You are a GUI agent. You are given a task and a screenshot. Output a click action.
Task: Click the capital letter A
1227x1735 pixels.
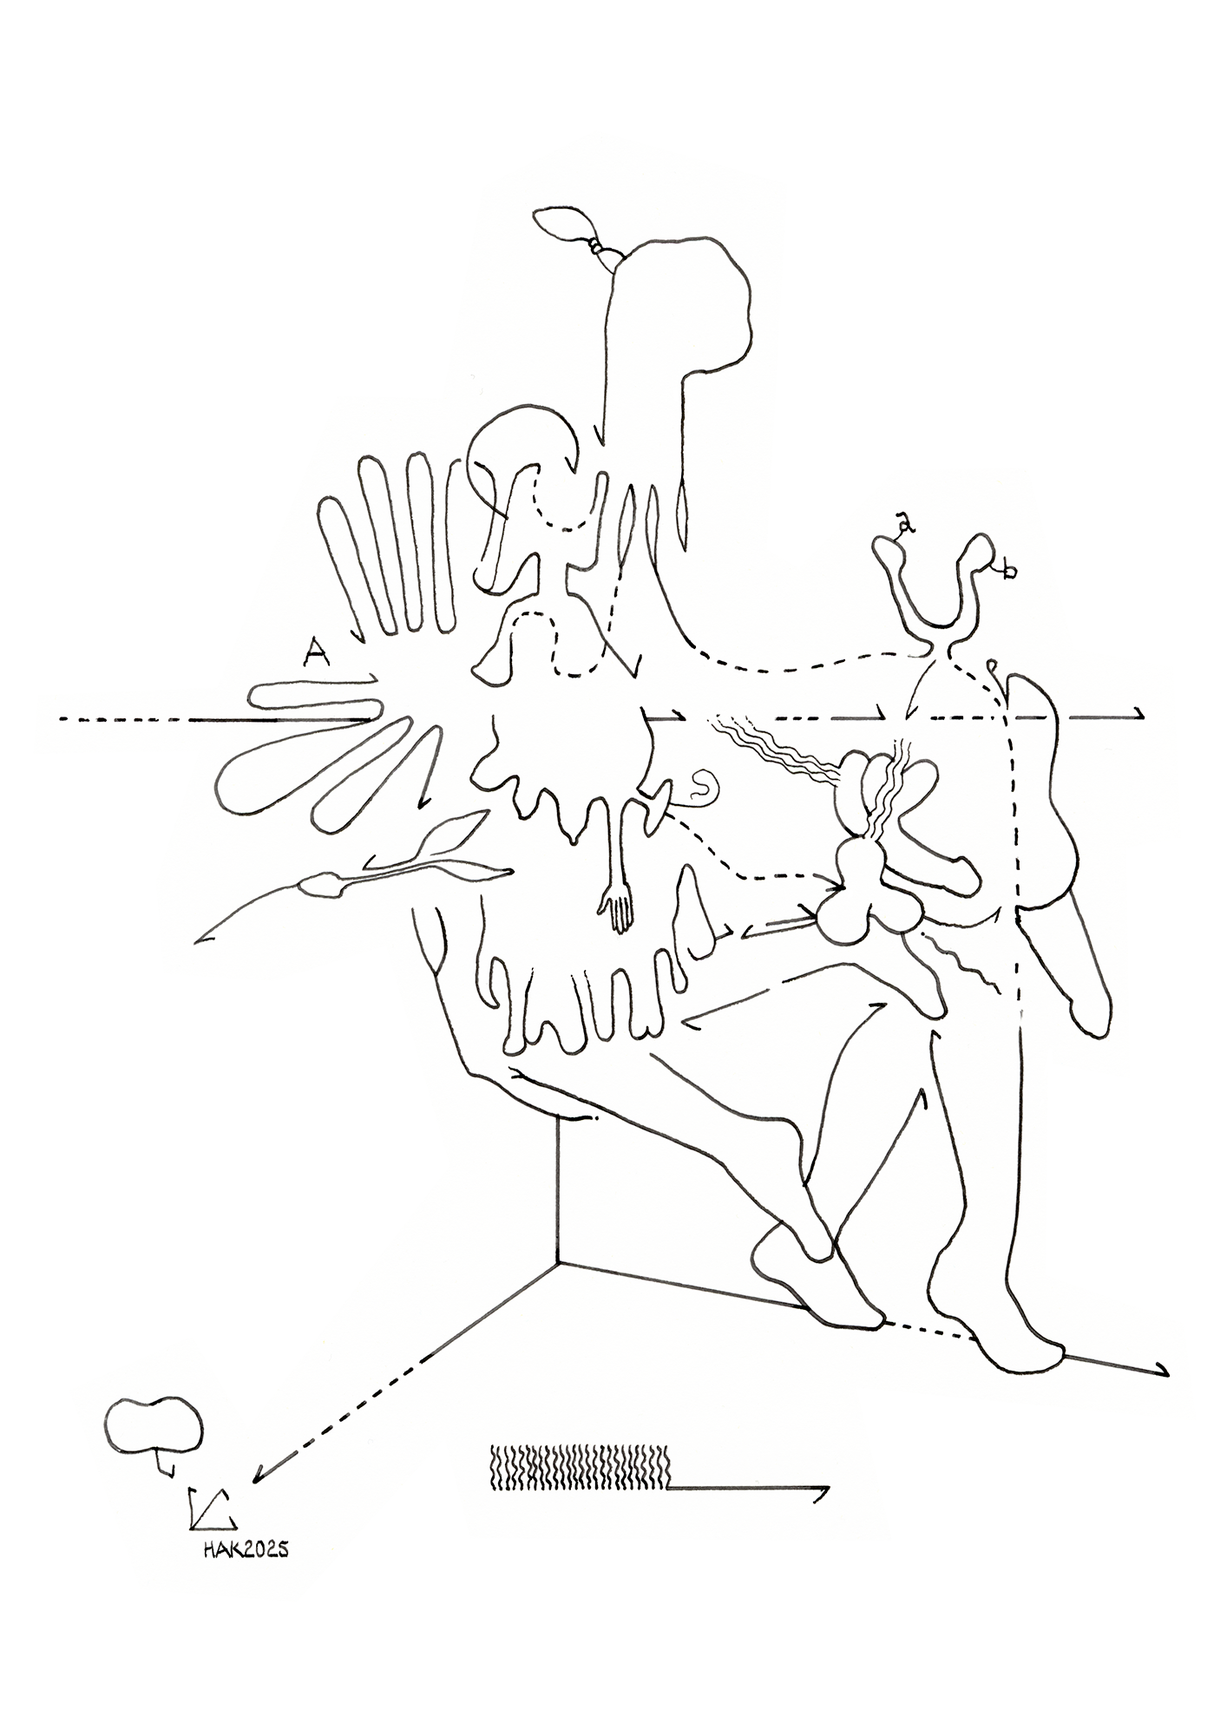pos(317,651)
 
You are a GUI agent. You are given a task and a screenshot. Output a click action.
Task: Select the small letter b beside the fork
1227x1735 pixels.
pos(1007,570)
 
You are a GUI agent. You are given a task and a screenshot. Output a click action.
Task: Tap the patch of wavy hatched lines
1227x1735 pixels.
pos(580,1468)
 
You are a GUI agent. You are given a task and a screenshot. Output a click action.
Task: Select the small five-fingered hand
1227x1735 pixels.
pos(616,909)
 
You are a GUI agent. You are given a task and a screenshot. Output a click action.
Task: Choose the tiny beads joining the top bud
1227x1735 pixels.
pos(596,247)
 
